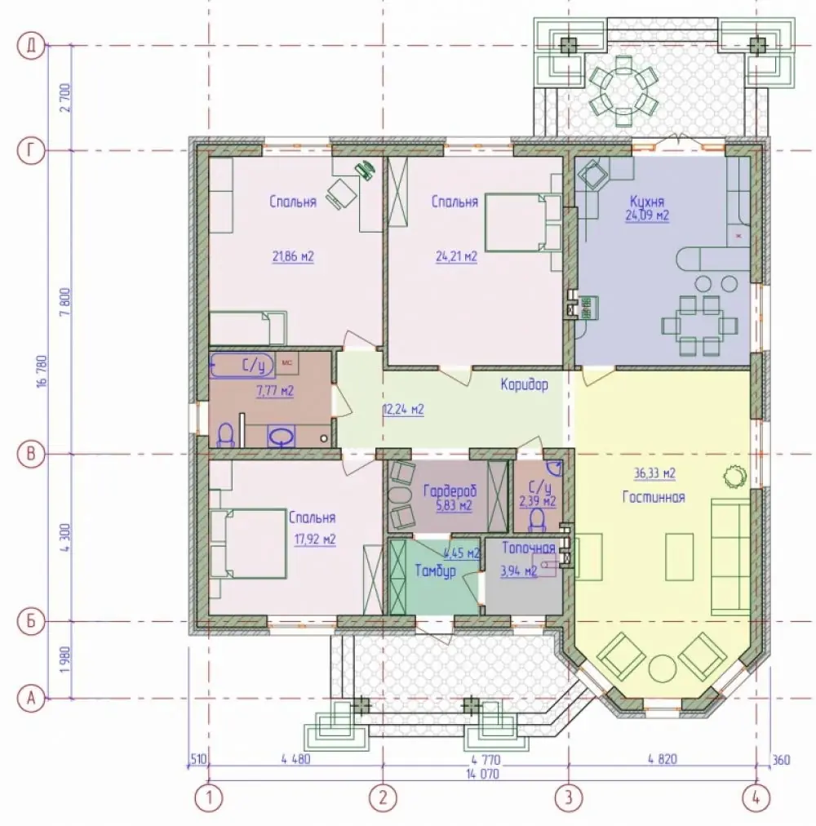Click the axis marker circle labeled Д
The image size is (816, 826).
pos(30,46)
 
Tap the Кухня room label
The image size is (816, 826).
pos(647,202)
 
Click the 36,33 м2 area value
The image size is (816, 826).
pos(654,473)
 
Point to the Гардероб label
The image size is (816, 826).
pos(450,492)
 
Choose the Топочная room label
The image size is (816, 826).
pos(529,548)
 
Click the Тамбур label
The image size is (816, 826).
pos(435,571)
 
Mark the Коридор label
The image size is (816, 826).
pos(524,384)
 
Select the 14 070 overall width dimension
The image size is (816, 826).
pos(482,774)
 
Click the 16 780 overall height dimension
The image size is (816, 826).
pos(42,371)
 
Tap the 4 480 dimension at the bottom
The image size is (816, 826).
pos(295,759)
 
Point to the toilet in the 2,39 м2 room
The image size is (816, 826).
pos(537,520)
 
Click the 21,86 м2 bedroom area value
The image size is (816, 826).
pos(293,257)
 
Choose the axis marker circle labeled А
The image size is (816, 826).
pos(30,699)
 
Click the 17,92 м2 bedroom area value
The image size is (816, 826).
pos(314,540)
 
